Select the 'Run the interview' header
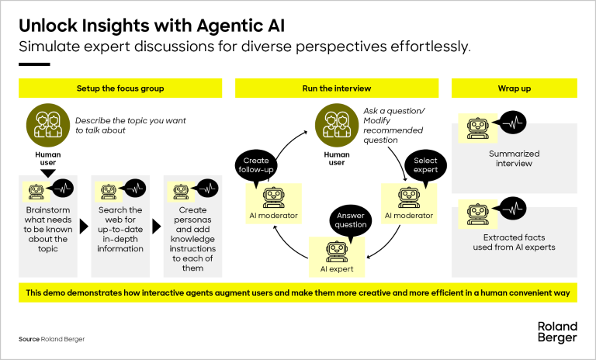click(x=337, y=88)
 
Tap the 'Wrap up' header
click(x=514, y=88)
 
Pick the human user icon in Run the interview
click(x=335, y=123)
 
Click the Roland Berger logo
click(x=556, y=331)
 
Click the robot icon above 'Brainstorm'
click(x=35, y=190)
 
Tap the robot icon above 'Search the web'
click(x=108, y=190)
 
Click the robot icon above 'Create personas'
click(x=180, y=190)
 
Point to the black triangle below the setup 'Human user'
click(x=47, y=173)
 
